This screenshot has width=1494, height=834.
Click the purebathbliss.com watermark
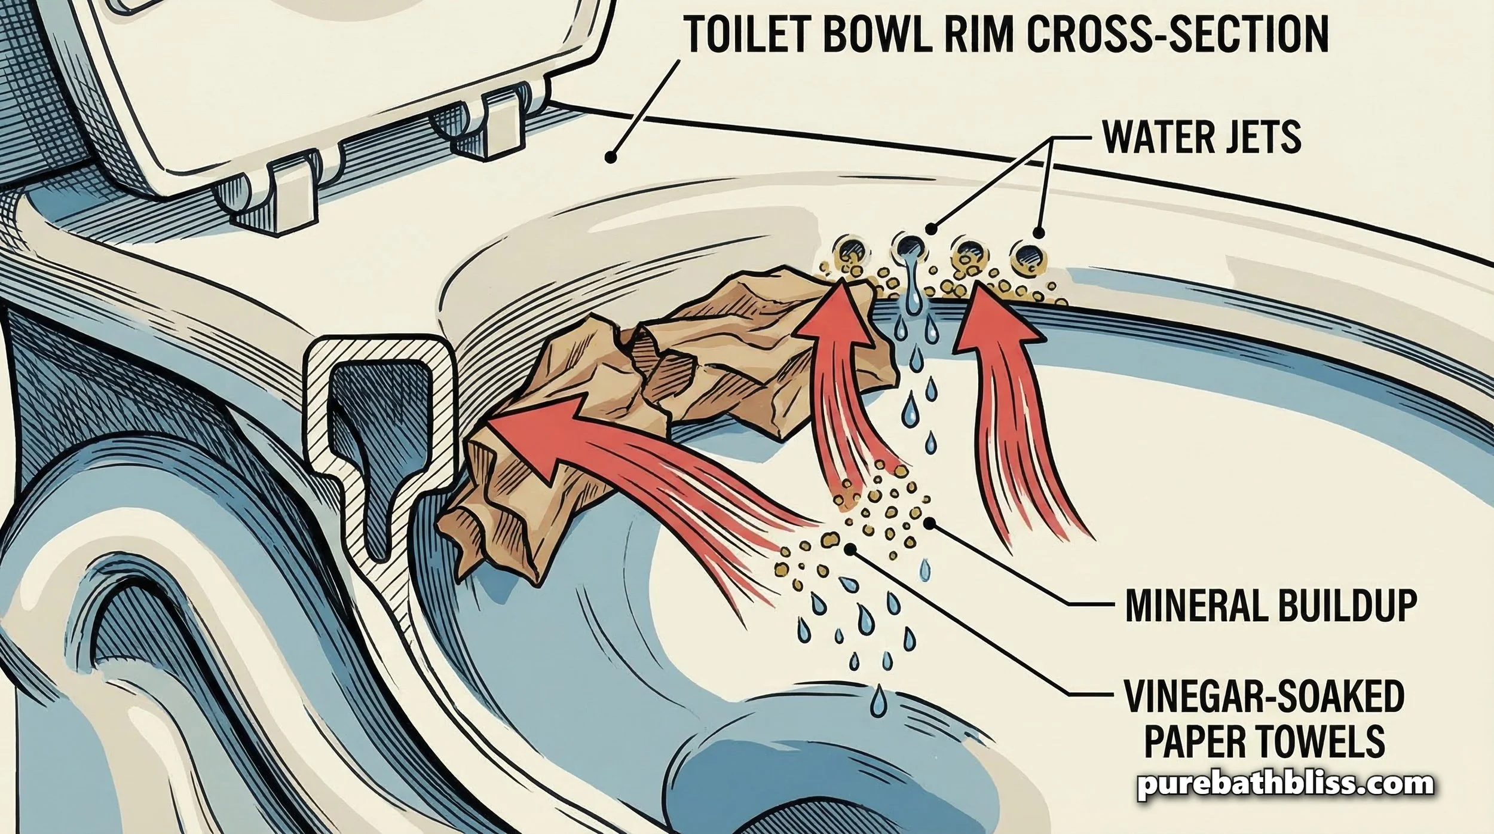coord(1285,784)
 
